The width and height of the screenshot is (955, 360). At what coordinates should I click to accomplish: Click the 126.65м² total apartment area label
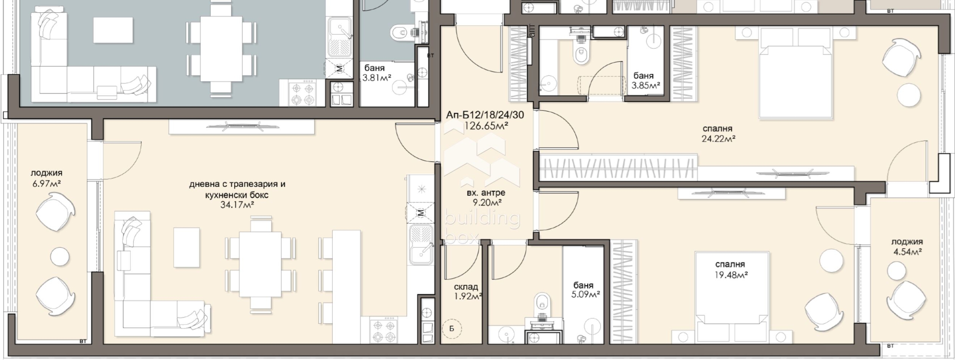click(x=486, y=126)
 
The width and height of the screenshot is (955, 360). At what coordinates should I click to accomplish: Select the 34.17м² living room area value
click(x=237, y=204)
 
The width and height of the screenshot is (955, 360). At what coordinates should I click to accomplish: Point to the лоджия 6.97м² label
click(x=46, y=178)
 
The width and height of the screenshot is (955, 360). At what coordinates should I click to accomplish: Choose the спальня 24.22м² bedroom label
click(x=718, y=134)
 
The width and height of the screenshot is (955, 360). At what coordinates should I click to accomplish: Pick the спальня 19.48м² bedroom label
click(x=730, y=269)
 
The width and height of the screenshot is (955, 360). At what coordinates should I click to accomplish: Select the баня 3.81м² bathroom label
click(x=376, y=73)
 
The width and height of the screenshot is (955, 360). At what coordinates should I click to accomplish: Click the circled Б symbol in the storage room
click(x=452, y=329)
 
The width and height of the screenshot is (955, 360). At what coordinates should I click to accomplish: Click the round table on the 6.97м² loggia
click(x=60, y=257)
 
